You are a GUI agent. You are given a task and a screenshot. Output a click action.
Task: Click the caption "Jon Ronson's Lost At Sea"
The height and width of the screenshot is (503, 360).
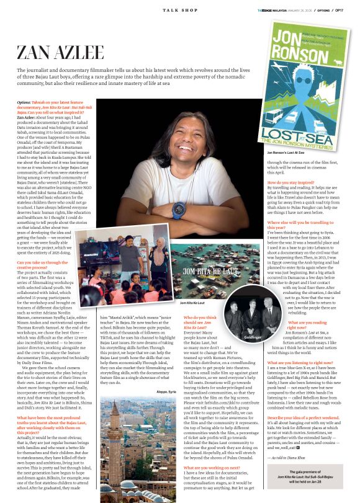click(286, 152)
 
